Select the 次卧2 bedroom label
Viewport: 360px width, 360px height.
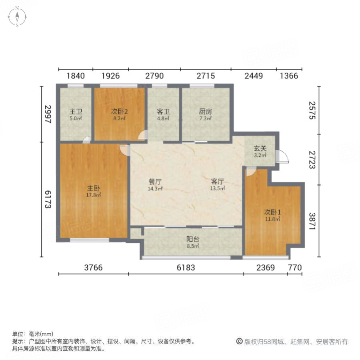click(119, 112)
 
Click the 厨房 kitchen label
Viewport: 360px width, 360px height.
click(205, 112)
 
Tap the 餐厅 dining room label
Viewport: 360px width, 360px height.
click(155, 181)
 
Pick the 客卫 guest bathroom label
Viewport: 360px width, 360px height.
click(163, 112)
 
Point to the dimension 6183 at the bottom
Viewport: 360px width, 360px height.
click(186, 268)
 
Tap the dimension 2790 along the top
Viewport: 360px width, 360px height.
click(154, 76)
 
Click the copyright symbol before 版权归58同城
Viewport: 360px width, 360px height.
click(240, 342)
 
